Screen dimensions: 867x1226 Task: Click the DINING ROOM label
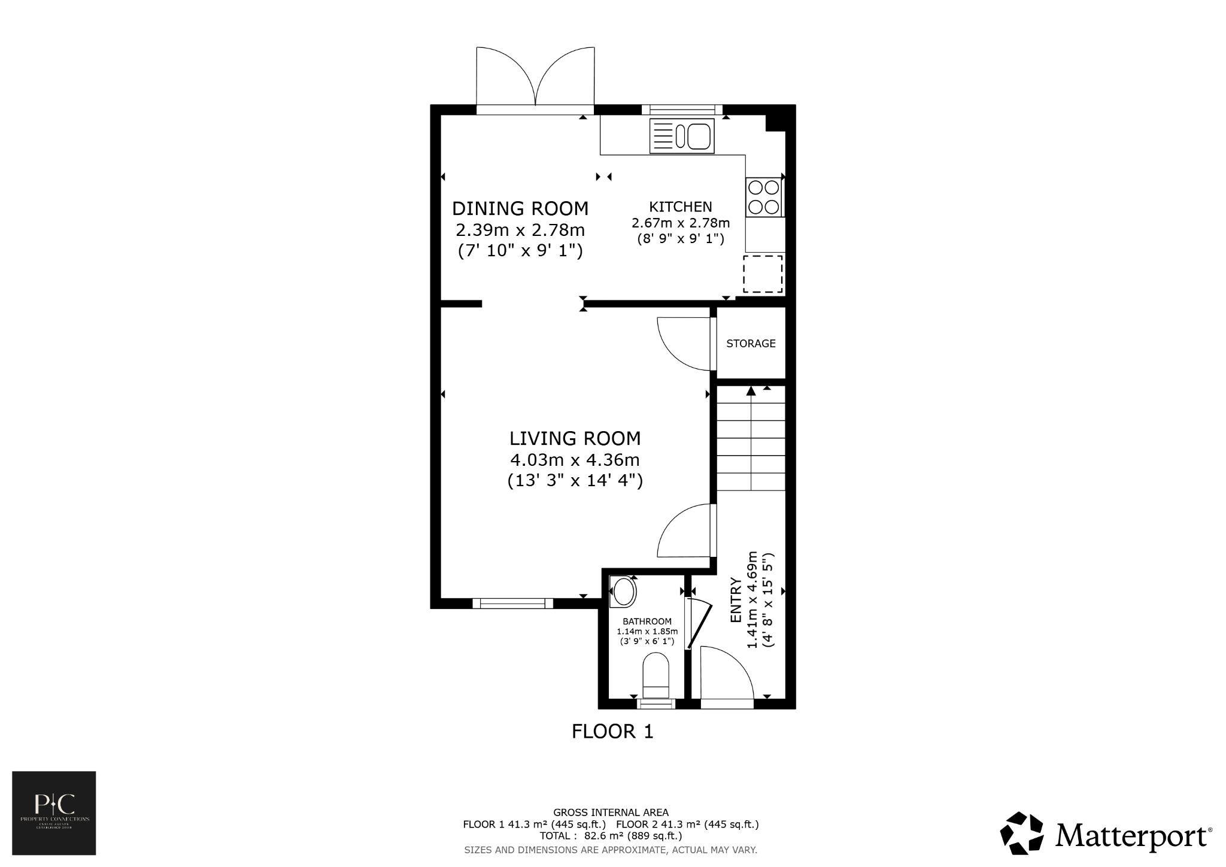click(x=520, y=208)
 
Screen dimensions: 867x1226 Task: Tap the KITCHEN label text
click(x=681, y=207)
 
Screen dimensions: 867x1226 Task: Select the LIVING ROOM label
click(x=575, y=438)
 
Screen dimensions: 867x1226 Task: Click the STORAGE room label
click(x=751, y=344)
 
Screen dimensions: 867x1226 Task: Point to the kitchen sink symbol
click(x=682, y=136)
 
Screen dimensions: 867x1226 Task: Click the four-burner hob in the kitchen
click(x=764, y=197)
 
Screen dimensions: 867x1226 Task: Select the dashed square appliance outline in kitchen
click(x=763, y=274)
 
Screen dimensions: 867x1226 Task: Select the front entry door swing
click(x=724, y=674)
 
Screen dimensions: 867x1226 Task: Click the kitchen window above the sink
click(x=682, y=110)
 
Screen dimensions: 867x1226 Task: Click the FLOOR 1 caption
click(x=612, y=732)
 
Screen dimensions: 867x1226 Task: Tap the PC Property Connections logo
click(x=54, y=813)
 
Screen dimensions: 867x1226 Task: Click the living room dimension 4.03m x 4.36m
click(x=575, y=460)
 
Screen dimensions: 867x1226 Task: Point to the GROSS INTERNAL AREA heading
click(x=611, y=813)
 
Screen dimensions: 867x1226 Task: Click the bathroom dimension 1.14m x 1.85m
click(x=647, y=631)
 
